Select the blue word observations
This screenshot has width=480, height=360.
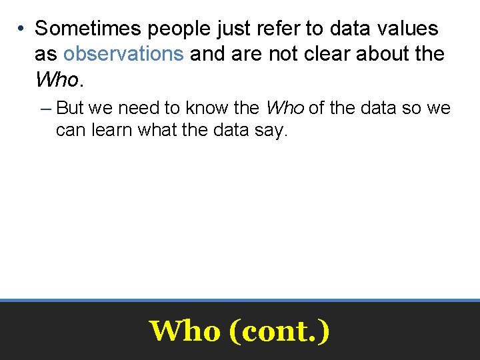[123, 54]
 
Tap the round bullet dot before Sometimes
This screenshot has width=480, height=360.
[22, 29]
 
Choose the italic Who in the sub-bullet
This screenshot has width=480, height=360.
[285, 108]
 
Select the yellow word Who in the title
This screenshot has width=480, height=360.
[185, 330]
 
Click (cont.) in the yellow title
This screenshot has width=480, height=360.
[279, 330]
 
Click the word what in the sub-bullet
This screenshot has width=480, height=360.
[158, 130]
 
